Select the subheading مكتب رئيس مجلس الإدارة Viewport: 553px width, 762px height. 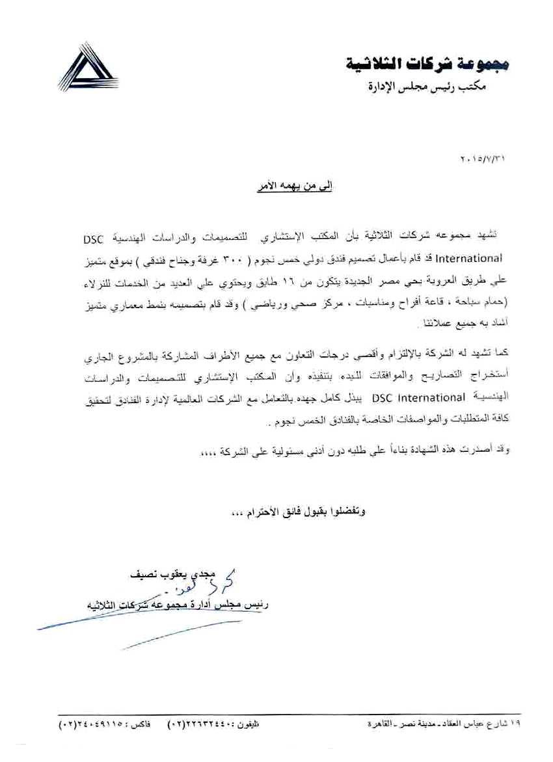436,86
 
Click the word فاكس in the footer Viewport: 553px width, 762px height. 143,722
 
